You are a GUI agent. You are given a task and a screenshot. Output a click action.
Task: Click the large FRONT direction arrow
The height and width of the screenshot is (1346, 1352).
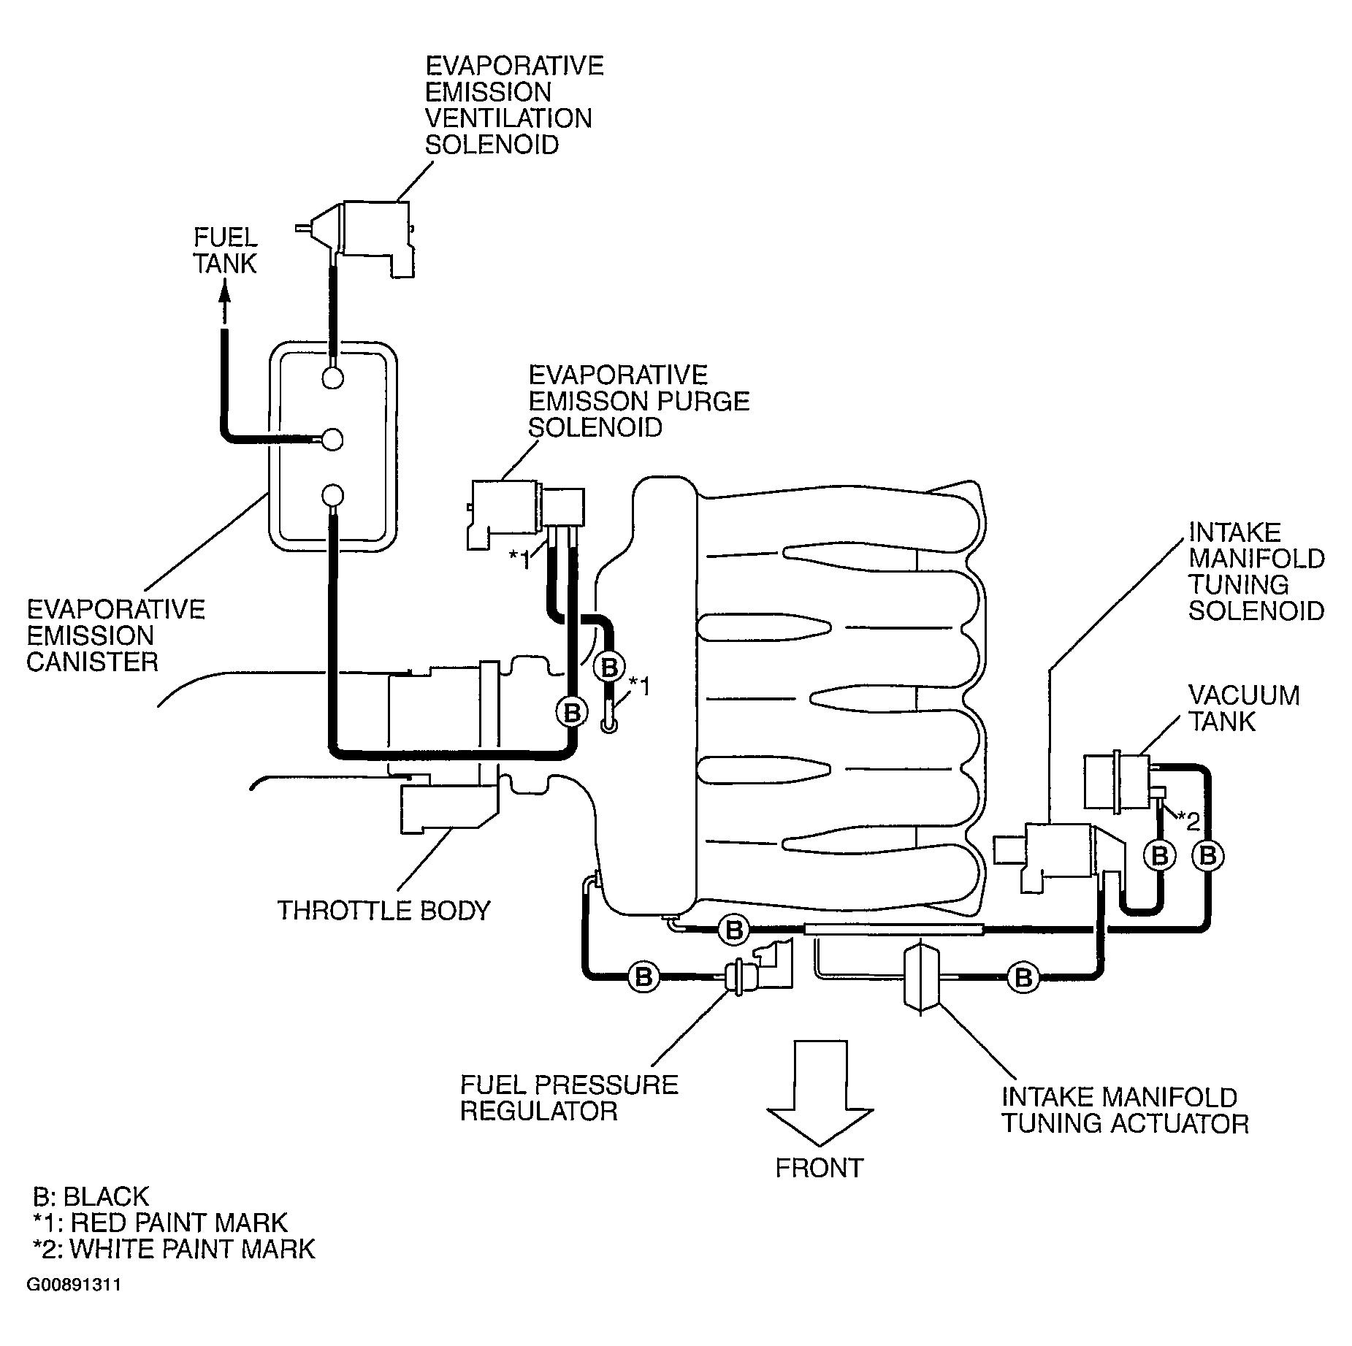coord(820,1093)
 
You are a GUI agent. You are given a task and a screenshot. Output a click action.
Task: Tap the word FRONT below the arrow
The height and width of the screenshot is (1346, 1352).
coord(819,1169)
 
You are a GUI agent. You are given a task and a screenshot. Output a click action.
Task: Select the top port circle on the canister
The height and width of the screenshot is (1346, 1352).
coord(332,378)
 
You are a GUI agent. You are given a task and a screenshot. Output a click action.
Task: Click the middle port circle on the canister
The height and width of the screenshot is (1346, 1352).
coord(332,438)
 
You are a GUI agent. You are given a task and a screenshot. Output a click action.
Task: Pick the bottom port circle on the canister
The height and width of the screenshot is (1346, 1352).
coord(332,495)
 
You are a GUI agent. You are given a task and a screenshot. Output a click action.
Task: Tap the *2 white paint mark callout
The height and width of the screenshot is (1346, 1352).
coord(1188,822)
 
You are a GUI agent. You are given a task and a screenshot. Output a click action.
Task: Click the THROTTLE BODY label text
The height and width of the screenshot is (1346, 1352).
coord(384,911)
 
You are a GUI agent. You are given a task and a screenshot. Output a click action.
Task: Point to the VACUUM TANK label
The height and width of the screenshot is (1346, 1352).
coord(1244,708)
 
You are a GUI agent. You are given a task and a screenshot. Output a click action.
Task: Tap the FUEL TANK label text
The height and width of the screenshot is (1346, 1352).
coord(225,251)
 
